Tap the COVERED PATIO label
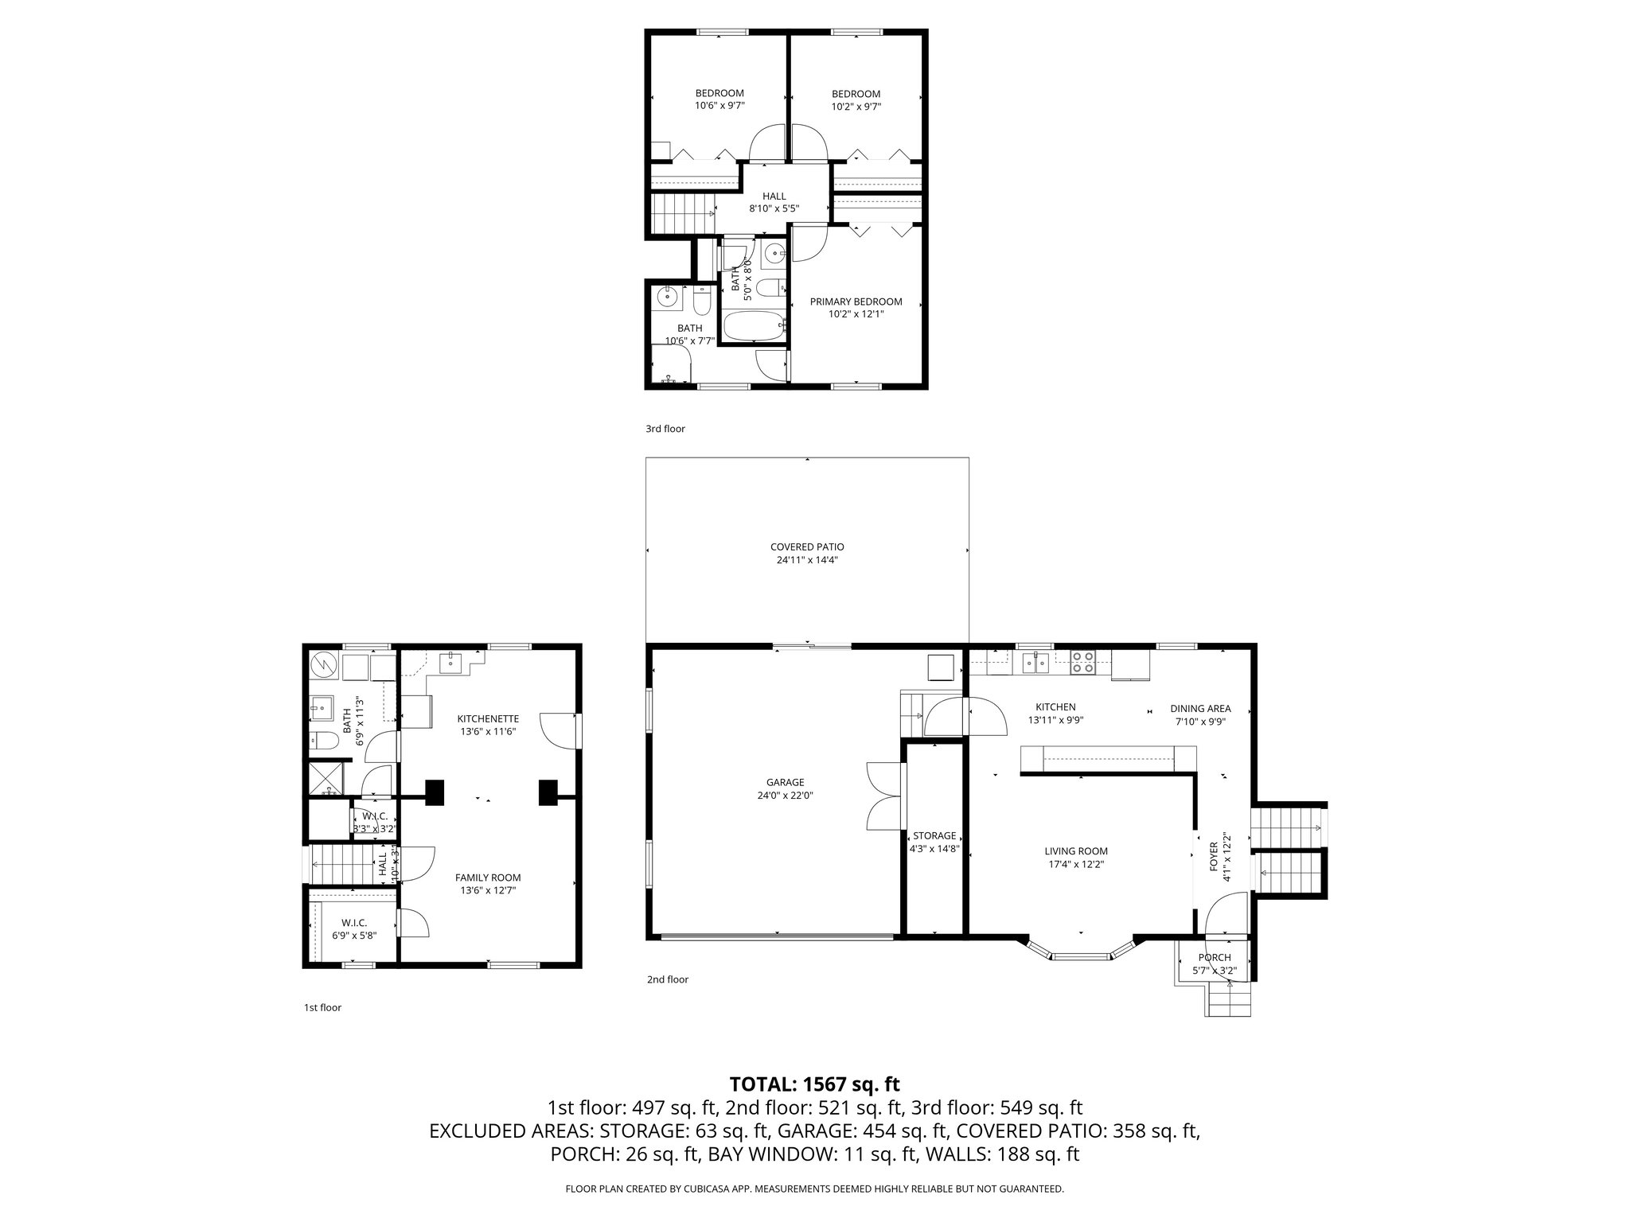806,547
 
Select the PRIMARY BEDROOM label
856,302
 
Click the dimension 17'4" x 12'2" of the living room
1076,864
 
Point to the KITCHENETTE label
489,718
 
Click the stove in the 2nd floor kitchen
1082,662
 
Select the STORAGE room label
934,835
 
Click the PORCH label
1214,957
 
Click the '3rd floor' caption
665,429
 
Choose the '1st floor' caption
322,1007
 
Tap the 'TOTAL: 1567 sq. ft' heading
814,1084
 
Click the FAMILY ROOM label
488,878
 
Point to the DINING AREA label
1200,708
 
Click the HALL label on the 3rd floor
774,196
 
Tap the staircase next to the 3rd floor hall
682,213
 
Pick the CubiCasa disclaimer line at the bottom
814,1189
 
